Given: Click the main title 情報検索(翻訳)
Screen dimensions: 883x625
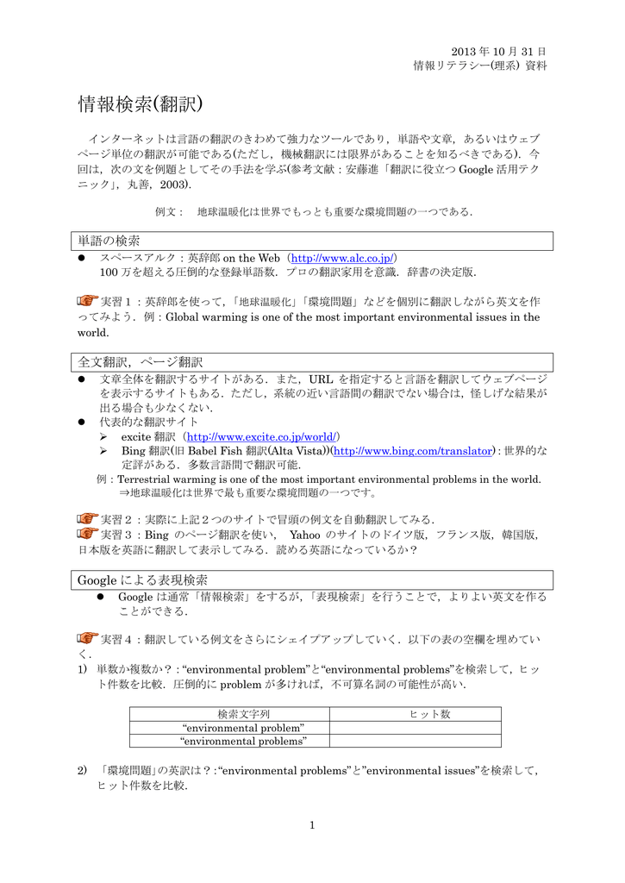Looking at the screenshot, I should (140, 104).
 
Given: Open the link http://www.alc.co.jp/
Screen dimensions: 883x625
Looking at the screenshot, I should (343, 258).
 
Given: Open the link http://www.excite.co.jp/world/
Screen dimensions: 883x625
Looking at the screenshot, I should (263, 437).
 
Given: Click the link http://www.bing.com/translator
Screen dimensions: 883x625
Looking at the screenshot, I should (412, 451).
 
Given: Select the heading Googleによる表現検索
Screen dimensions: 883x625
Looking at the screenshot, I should (142, 579).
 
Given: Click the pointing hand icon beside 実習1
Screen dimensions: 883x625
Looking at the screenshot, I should (87, 301).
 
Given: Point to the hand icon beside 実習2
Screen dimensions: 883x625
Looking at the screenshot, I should (87, 518).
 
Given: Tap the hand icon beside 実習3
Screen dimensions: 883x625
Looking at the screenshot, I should (87, 534).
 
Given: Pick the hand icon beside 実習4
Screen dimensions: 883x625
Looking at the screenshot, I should (87, 639).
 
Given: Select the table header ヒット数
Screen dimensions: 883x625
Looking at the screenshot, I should (428, 714).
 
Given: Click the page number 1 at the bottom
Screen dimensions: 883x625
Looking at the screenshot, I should (312, 825).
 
